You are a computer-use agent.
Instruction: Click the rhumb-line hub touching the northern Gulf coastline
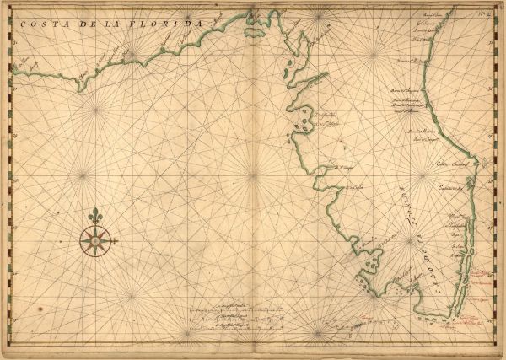132,56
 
